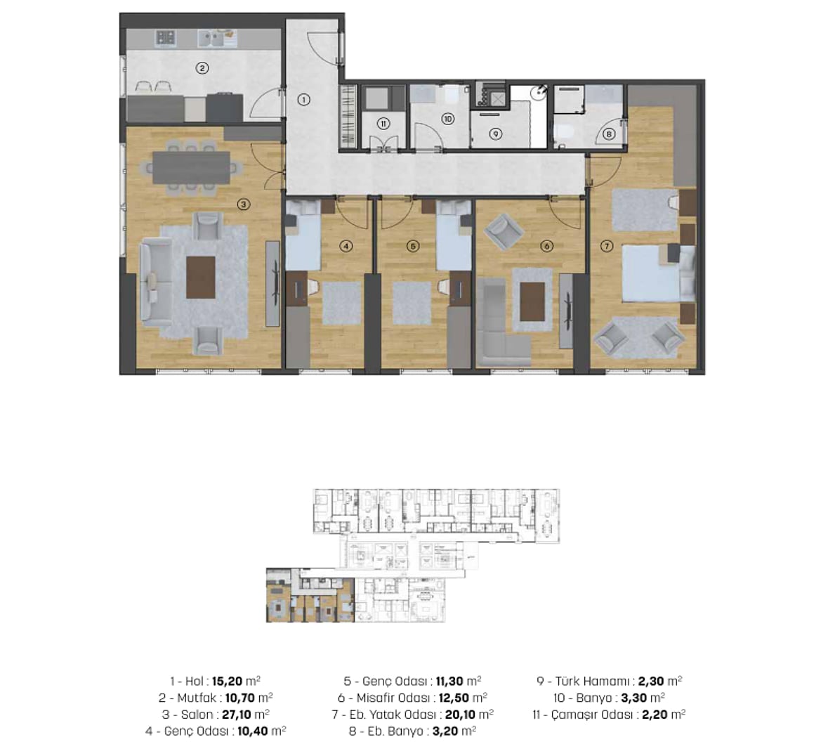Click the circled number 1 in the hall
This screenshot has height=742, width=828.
[x=303, y=99]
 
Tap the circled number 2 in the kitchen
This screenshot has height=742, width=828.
[x=202, y=67]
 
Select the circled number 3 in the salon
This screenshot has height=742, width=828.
[x=244, y=204]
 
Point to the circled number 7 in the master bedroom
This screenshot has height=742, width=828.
[x=607, y=246]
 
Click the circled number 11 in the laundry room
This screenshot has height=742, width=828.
[x=383, y=124]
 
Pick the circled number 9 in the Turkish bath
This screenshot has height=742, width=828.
[x=495, y=134]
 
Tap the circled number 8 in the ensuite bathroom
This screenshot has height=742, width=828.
[x=609, y=134]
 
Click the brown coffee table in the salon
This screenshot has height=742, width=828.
[x=201, y=278]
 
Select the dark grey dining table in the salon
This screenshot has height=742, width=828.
[x=191, y=167]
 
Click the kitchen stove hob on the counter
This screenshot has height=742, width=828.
[x=165, y=37]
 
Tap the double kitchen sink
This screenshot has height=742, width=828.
[x=211, y=38]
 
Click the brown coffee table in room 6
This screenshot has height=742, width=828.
[x=532, y=301]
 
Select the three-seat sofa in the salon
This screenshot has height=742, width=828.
[x=156, y=282]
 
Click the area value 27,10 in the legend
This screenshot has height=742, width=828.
[x=237, y=715]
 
